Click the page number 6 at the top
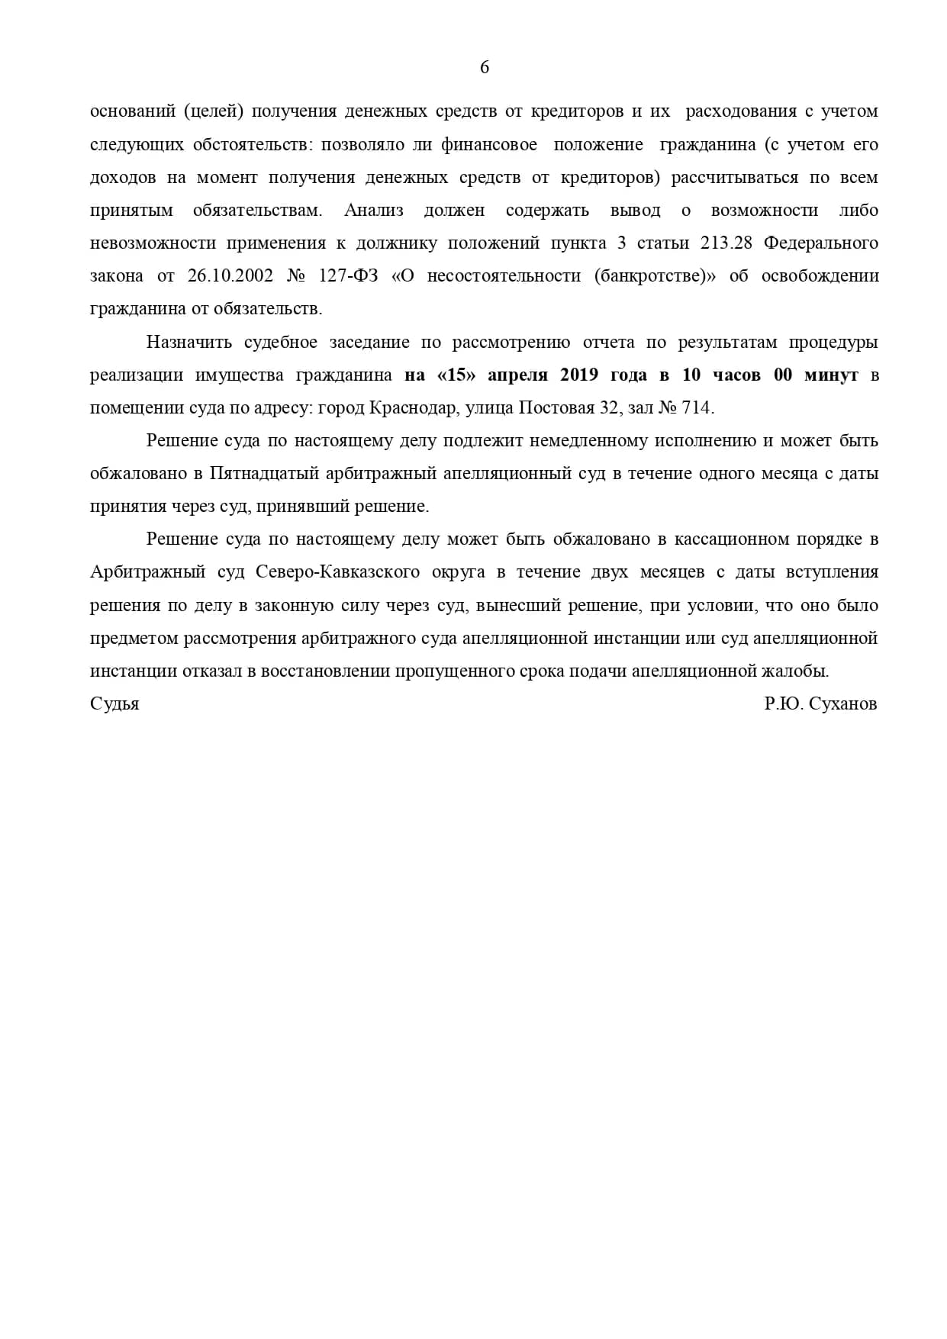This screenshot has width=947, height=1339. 485,68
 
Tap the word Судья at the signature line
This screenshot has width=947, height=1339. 114,703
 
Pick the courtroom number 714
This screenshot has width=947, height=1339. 697,408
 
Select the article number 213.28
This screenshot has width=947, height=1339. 726,243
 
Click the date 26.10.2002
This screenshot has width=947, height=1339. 230,276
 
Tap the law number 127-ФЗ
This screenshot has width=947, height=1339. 348,276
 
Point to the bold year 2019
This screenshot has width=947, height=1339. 580,375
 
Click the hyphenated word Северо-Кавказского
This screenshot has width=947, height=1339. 338,572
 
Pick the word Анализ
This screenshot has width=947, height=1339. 373,211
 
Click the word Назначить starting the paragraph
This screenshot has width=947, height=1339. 189,343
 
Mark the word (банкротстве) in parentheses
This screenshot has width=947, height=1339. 654,276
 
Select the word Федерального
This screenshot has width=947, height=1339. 821,243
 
